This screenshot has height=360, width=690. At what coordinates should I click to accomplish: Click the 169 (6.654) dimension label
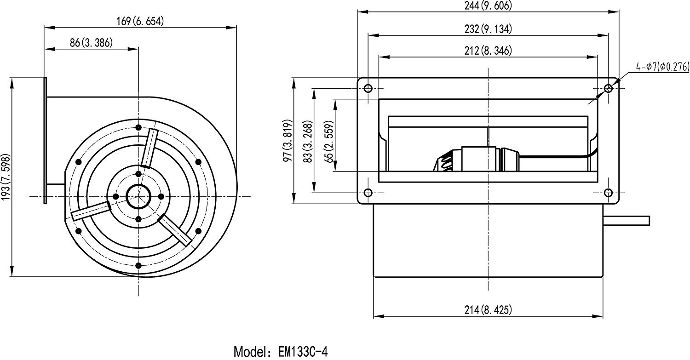coord(140,21)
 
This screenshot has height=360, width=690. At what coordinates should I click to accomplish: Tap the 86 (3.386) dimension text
coord(91,43)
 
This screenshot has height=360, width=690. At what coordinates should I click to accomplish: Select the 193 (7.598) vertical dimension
coord(6,177)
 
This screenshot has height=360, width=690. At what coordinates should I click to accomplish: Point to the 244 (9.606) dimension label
coord(488,5)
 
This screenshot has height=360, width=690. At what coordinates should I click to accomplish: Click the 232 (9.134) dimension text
coord(488,29)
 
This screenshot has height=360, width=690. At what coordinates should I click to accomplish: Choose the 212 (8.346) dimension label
coord(488,51)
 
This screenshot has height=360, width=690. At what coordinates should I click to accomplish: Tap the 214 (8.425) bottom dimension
coord(488,310)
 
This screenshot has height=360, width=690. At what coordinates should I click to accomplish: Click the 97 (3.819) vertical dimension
coord(287,140)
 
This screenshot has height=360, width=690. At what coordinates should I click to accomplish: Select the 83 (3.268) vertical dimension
coord(308,141)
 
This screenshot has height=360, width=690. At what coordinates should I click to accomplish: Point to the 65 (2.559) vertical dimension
coord(329,141)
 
